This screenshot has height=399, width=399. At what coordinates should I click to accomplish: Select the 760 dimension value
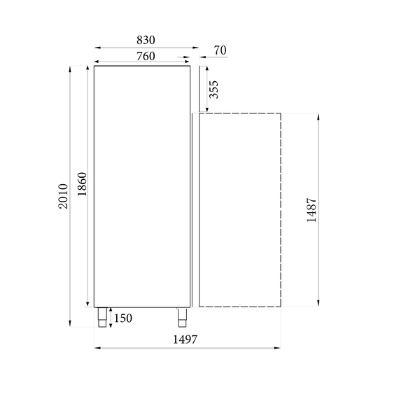coord(142,56)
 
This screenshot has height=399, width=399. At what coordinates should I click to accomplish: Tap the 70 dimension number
coord(220,50)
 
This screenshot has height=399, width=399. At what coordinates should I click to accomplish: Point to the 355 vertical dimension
coord(215,90)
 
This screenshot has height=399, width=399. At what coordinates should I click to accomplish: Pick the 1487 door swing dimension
coord(312,210)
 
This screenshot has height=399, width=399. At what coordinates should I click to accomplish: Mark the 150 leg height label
coord(122,319)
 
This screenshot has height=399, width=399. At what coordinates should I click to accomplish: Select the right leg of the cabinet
coord(182,317)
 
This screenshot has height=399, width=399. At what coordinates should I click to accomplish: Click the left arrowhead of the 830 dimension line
coord(96,48)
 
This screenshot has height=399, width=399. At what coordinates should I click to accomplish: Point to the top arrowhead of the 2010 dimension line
coord(70,69)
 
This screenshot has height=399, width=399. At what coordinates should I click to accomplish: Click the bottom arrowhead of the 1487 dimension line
coord(319,304)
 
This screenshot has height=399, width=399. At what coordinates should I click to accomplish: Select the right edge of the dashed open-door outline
coord(281,210)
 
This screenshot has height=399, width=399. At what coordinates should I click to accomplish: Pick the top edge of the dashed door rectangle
coord(240,113)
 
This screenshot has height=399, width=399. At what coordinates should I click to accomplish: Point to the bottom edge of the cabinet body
coord(142,307)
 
